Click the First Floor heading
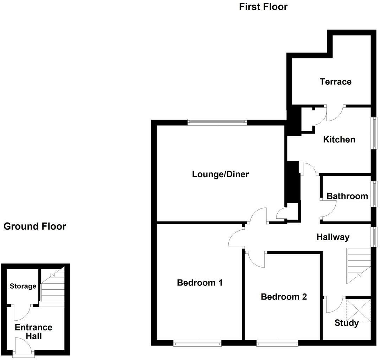[263, 7]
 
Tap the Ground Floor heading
[35, 226]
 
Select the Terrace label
[335, 82]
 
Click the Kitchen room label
[339, 140]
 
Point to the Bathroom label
[347, 196]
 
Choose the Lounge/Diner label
[220, 174]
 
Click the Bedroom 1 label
[199, 282]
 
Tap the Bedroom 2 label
[284, 297]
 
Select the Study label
[347, 323]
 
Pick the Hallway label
[333, 237]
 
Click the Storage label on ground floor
[23, 286]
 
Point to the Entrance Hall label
[34, 332]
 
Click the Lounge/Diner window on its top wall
[217, 122]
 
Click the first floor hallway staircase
[359, 266]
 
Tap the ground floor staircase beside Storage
[53, 287]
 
